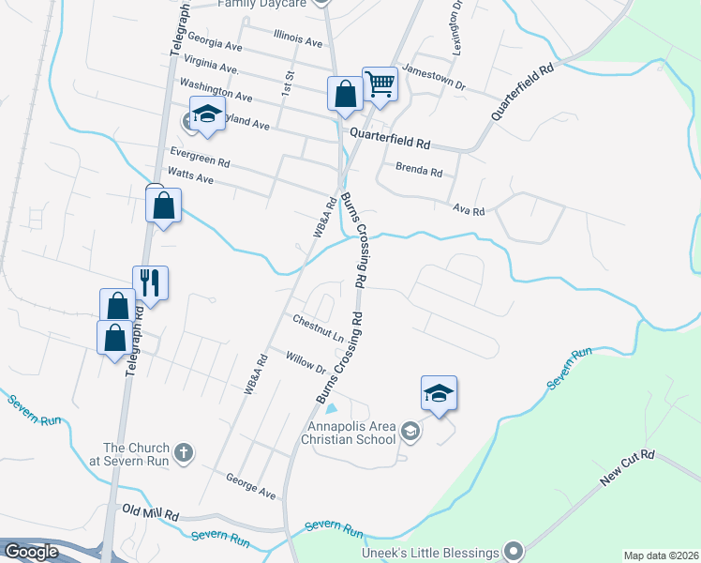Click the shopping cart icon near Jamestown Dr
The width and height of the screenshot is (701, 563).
pyautogui.click(x=380, y=84)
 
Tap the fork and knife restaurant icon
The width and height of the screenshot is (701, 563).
pyautogui.click(x=151, y=281)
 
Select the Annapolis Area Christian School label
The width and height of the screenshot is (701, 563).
pyautogui.click(x=353, y=434)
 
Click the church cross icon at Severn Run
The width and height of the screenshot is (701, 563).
pyautogui.click(x=184, y=453)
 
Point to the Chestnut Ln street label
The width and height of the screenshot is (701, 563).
pyautogui.click(x=317, y=328)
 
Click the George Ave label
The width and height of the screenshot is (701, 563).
pyautogui.click(x=250, y=485)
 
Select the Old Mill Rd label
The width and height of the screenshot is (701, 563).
pyautogui.click(x=150, y=513)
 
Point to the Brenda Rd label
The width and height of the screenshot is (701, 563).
pyautogui.click(x=418, y=171)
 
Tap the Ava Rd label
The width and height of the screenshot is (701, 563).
pyautogui.click(x=469, y=210)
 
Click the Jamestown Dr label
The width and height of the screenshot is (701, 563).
pyautogui.click(x=434, y=77)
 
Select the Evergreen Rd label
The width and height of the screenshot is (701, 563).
pyautogui.click(x=200, y=156)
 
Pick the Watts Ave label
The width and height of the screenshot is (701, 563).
pyautogui.click(x=190, y=177)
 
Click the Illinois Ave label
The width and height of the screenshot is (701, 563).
pyautogui.click(x=298, y=39)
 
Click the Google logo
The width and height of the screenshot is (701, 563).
pyautogui.click(x=31, y=552)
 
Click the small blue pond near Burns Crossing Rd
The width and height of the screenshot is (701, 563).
pyautogui.click(x=330, y=407)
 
